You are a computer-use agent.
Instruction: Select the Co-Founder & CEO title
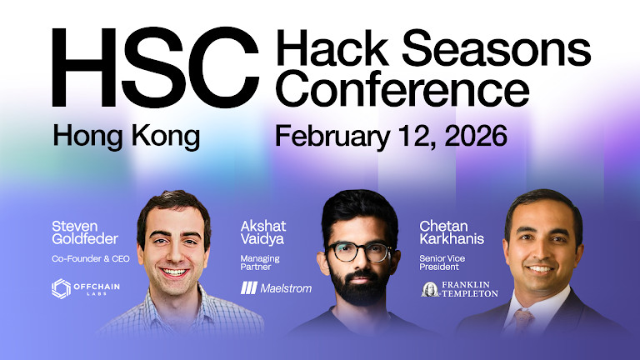click(x=89, y=259)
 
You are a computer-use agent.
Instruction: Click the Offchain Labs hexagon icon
click(x=62, y=289)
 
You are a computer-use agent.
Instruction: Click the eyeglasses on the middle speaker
click(x=360, y=251)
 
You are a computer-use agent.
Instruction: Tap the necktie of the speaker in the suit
click(x=522, y=321)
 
